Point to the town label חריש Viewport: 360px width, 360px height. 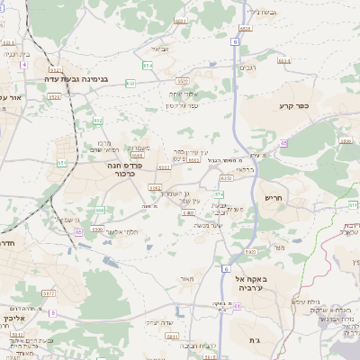[273, 197]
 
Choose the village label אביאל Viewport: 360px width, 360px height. [159, 49]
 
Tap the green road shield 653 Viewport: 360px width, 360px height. [131, 83]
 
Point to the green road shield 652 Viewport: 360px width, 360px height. [97, 120]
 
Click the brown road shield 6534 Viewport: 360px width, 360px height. [284, 61]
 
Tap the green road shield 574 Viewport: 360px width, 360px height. [219, 193]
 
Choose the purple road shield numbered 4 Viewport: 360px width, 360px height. [52, 312]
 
